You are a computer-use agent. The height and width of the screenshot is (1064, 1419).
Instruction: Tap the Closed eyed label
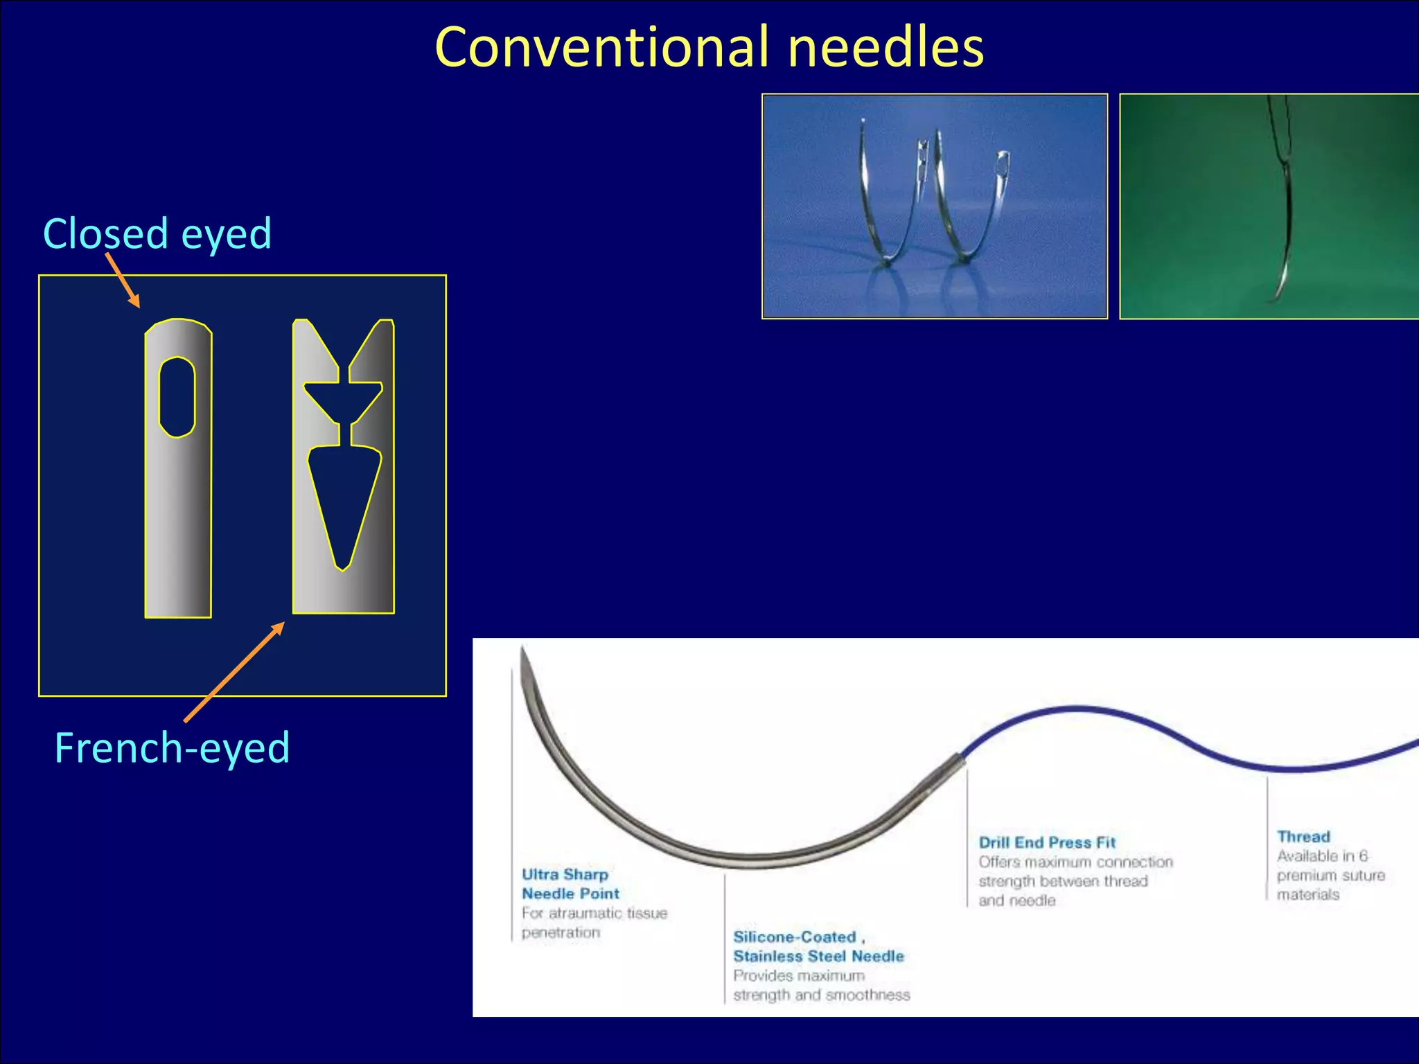click(x=157, y=233)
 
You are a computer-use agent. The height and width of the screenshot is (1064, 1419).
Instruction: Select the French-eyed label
click(x=172, y=748)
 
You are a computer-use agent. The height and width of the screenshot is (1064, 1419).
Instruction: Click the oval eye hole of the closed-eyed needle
click(x=177, y=397)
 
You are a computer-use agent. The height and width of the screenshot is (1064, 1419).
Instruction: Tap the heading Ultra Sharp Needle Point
click(x=570, y=884)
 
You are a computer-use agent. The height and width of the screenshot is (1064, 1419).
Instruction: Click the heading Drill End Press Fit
click(x=1047, y=842)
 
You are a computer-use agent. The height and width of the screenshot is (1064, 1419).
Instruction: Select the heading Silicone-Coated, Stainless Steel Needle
click(x=818, y=946)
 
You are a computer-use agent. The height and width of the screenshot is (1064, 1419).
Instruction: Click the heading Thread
click(x=1303, y=836)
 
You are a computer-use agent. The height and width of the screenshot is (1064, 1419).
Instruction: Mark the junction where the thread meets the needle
click(x=962, y=758)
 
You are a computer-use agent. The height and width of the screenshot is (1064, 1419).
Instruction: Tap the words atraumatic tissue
click(x=608, y=913)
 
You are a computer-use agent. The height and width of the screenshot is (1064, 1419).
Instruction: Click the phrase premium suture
click(x=1330, y=875)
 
